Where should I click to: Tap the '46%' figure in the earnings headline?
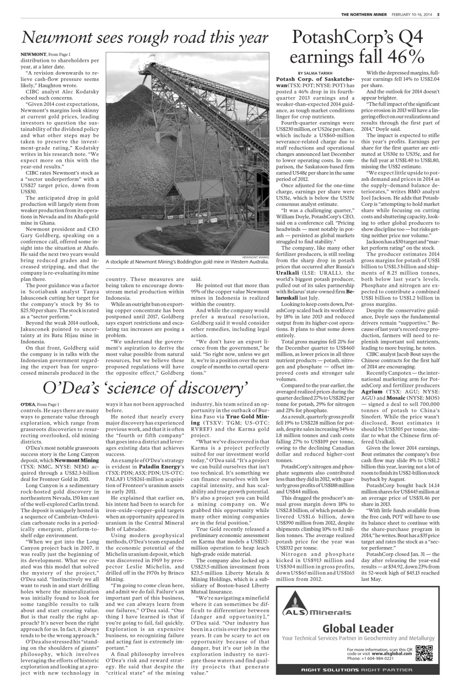tap(402, 56)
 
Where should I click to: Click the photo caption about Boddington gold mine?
tap(188, 262)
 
